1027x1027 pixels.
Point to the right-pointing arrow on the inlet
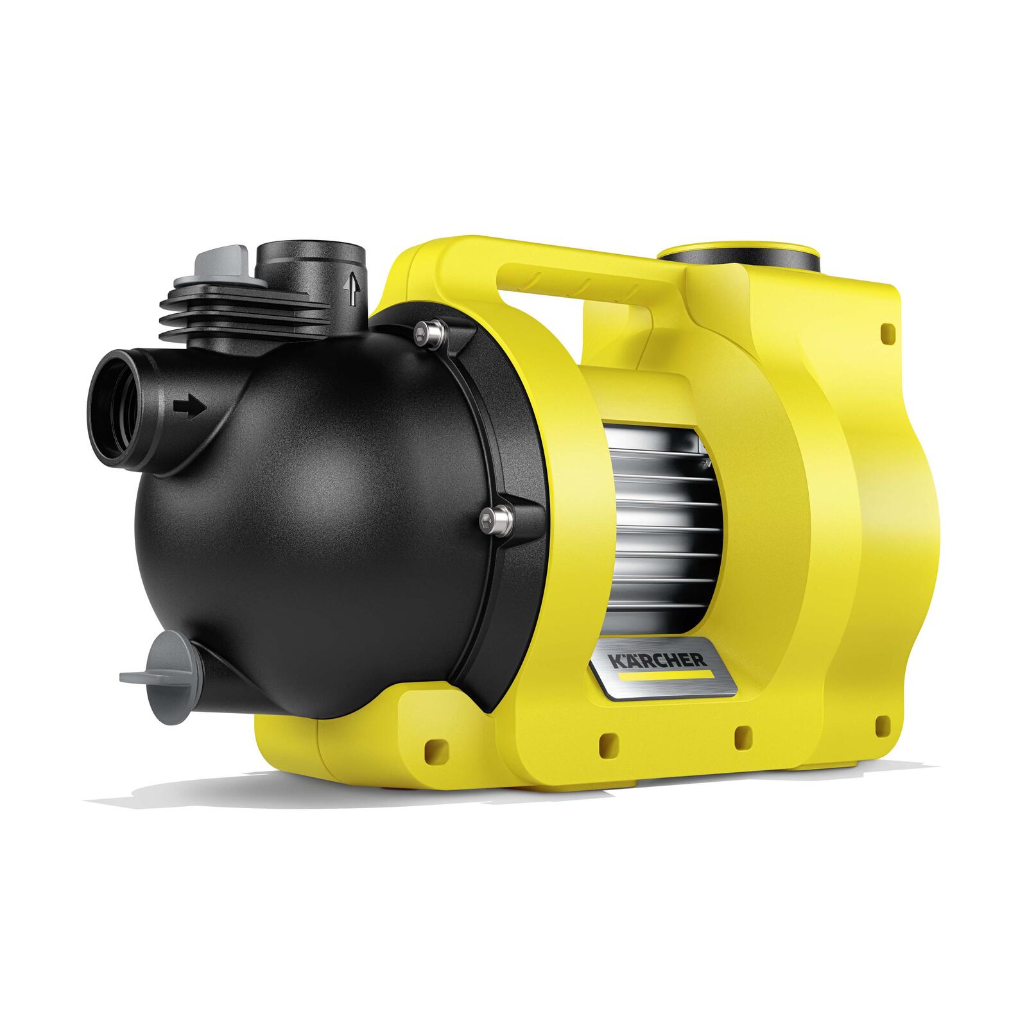(189, 407)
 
